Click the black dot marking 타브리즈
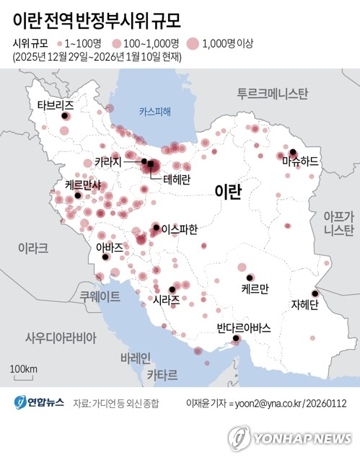(x=64, y=116)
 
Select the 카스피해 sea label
(x=156, y=111)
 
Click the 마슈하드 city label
(x=300, y=164)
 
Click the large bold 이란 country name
(x=228, y=190)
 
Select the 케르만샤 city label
(x=83, y=185)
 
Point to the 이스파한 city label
(x=180, y=229)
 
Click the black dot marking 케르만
(x=249, y=278)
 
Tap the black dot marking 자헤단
(x=314, y=293)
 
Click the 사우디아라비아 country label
(x=61, y=337)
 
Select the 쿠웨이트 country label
(x=100, y=295)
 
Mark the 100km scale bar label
(x=24, y=369)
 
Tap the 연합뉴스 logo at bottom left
(x=38, y=403)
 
